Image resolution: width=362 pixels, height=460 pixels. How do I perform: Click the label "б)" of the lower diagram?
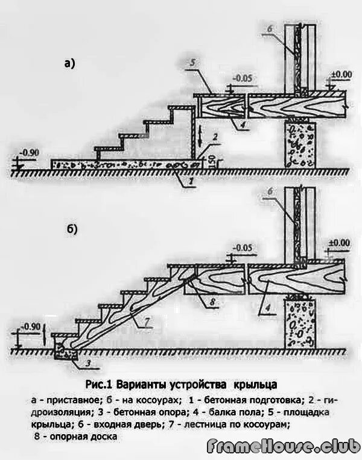tap(71, 230)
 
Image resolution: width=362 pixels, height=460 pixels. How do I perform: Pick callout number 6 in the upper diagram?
tap(271, 30)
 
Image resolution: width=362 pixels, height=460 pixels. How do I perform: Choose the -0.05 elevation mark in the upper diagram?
tap(243, 78)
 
